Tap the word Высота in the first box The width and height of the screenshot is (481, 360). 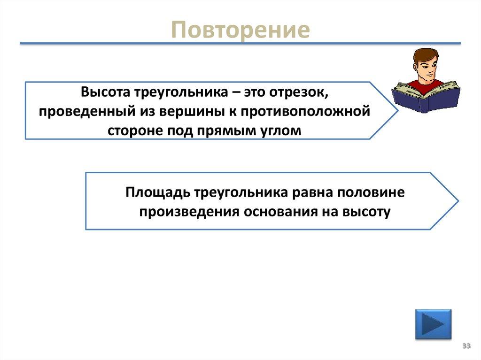click(x=105, y=92)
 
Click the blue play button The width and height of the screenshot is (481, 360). click(x=433, y=324)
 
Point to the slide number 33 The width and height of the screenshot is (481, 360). click(x=466, y=346)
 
